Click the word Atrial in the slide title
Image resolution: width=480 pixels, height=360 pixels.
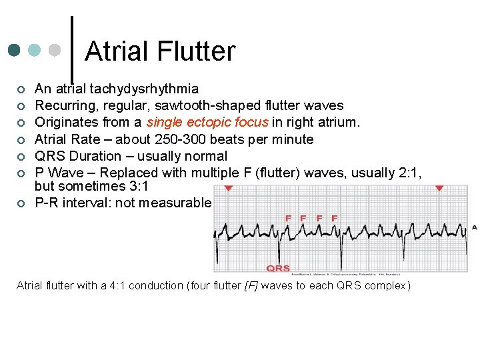[117, 51]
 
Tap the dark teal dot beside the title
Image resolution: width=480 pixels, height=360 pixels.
[14, 51]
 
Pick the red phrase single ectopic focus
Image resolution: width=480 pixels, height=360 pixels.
[207, 122]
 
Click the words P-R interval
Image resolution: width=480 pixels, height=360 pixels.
[71, 203]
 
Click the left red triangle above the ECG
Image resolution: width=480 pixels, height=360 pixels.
[229, 189]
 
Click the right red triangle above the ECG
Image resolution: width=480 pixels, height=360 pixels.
[439, 189]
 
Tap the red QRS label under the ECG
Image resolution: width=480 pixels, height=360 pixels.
[278, 268]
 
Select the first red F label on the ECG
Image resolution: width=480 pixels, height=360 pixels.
[289, 218]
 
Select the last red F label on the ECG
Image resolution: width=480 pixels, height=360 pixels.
[334, 218]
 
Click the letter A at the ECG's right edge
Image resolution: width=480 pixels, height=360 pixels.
[474, 227]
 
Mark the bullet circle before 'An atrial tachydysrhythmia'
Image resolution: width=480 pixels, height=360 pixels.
[21, 89]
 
